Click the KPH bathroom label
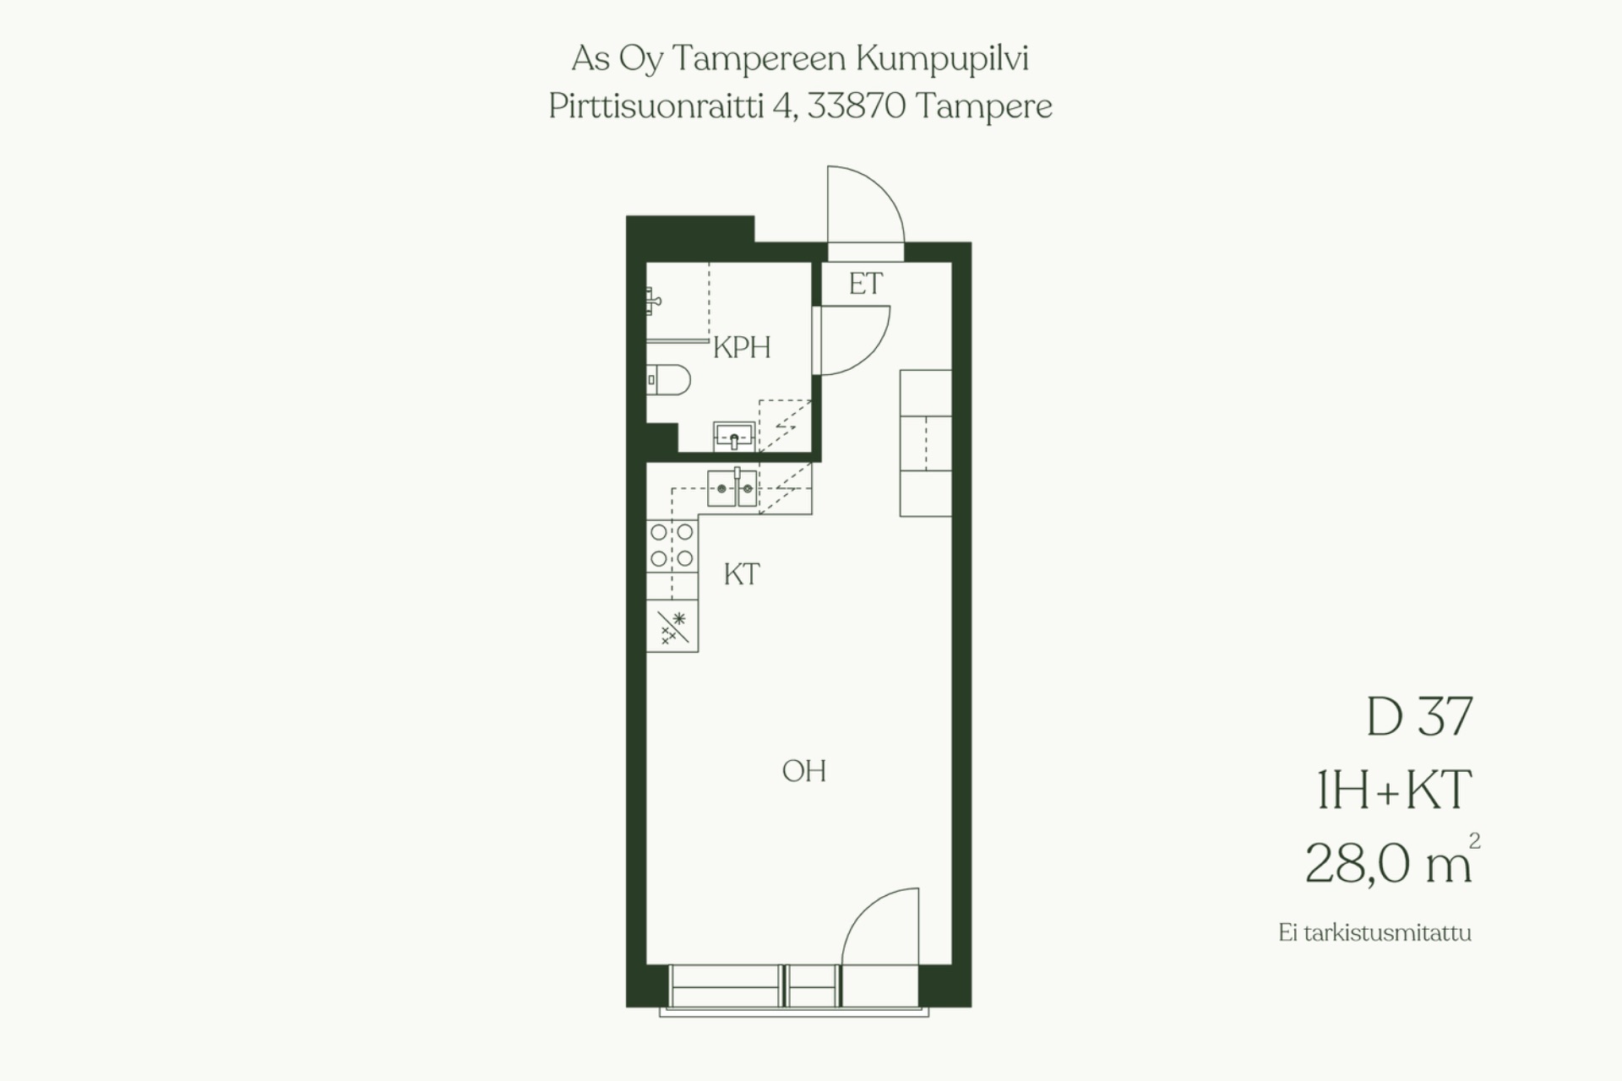742,347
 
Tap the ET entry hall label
866,284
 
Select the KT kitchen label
742,574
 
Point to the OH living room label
804,771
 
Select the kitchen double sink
732,487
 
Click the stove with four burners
672,546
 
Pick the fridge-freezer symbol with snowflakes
672,626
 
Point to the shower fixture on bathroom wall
652,301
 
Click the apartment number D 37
1419,716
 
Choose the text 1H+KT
1395,790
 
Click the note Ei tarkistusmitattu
1375,933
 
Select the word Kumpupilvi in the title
942,59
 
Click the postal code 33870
857,106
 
